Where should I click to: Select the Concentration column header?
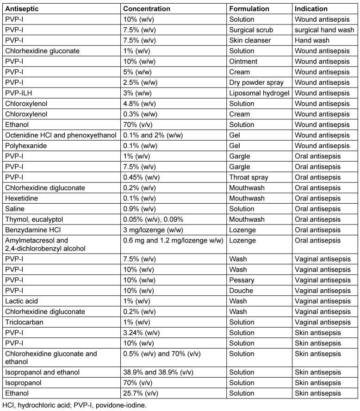click(146, 9)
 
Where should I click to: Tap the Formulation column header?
click(249, 9)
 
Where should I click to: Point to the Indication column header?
click(311, 9)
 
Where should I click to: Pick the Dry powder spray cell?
click(257, 82)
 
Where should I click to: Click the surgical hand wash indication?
click(324, 30)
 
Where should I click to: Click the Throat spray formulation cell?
click(248, 177)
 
